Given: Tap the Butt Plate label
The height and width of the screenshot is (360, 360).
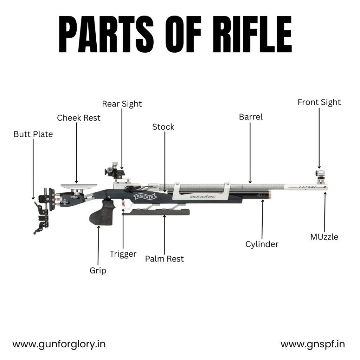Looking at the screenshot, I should (33, 134).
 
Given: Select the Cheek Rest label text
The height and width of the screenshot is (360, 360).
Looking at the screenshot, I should (79, 118).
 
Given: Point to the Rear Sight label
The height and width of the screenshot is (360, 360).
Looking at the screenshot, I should (122, 104).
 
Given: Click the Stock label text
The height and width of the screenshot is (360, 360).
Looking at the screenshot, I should (163, 127).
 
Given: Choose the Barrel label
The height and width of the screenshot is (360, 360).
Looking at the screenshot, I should (251, 117).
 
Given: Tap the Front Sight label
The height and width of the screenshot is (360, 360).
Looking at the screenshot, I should (319, 102).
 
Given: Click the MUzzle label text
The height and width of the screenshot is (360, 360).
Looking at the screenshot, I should (324, 237).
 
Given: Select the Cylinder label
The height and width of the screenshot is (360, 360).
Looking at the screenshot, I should (262, 244).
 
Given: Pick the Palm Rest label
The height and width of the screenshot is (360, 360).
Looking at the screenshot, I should (164, 259).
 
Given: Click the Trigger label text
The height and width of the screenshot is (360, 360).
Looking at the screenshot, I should (123, 253).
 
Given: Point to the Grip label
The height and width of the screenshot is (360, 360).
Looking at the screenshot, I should (98, 270).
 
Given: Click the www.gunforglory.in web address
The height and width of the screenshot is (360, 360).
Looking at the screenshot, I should (59, 344).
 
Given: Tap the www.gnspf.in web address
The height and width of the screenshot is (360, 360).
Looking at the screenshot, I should (313, 344).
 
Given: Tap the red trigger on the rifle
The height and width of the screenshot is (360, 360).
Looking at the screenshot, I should (123, 203).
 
